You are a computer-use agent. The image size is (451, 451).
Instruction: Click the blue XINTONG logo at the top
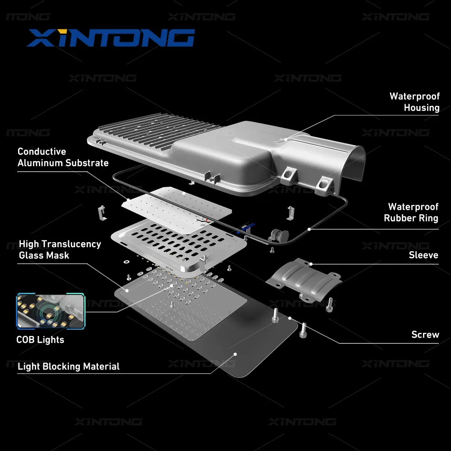110,38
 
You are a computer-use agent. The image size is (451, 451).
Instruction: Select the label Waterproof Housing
414,102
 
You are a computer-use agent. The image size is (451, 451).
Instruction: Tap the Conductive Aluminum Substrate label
63,157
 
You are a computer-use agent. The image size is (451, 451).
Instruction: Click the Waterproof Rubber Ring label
411,212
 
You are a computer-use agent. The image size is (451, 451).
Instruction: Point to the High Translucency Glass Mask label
60,249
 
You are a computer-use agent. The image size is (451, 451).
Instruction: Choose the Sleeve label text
423,255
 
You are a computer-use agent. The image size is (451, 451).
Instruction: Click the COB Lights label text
40,340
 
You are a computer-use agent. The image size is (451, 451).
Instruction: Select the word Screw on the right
425,335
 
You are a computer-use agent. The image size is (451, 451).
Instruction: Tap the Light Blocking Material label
69,366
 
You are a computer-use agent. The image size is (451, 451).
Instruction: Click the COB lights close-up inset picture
51,310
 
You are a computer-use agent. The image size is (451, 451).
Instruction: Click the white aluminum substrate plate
180,207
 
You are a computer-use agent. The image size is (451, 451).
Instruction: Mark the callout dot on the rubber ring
309,229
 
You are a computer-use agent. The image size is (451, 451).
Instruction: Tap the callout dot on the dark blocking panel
235,354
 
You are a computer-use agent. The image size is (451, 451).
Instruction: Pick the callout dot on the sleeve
311,263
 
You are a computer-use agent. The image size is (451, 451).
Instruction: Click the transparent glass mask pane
180,307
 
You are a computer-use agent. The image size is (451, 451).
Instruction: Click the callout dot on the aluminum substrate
129,198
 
